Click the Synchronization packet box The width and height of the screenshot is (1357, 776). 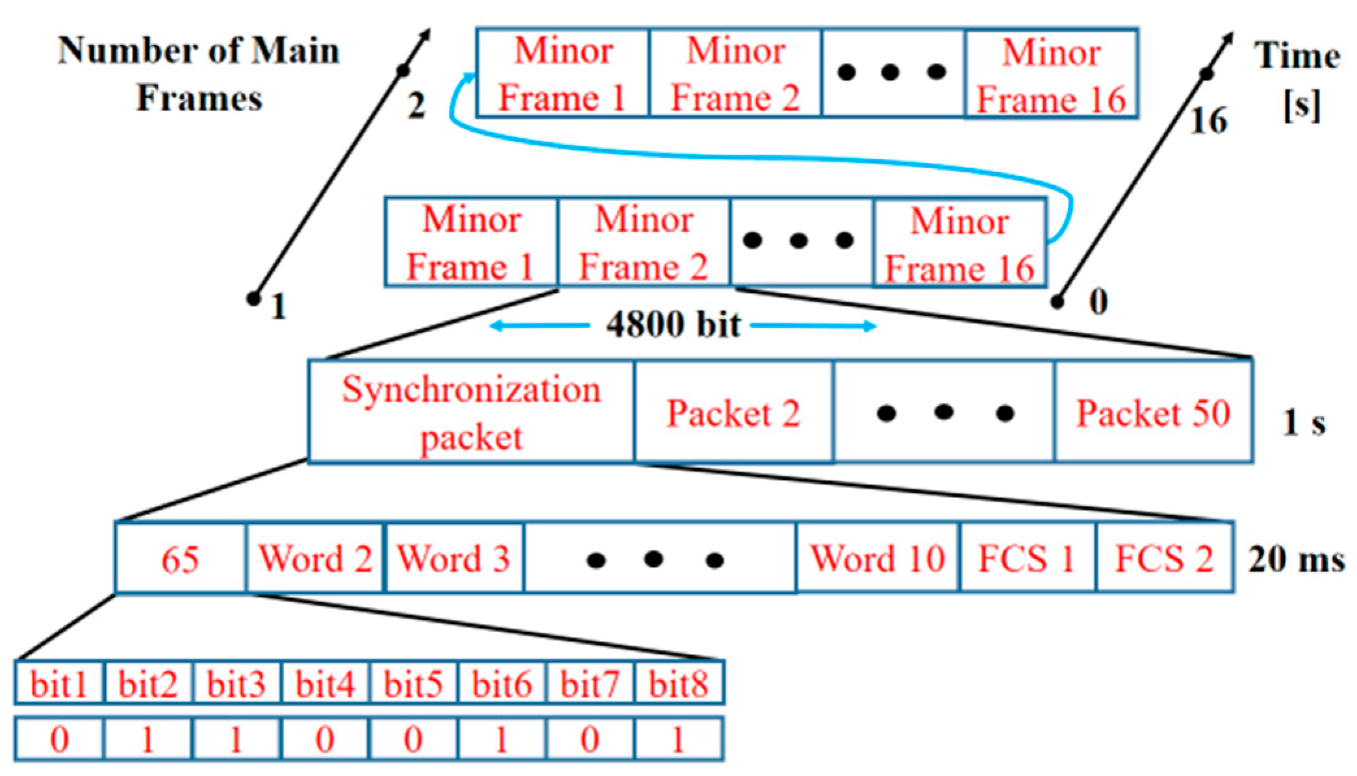(471, 412)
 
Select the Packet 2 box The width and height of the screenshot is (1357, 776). (733, 412)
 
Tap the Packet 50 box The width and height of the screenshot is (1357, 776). (1153, 412)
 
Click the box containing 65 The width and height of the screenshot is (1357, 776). (180, 558)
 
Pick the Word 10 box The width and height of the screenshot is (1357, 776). (877, 558)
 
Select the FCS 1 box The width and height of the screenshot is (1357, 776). (1027, 558)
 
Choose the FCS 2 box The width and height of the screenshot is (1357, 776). (1164, 558)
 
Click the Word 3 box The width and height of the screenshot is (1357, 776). (453, 558)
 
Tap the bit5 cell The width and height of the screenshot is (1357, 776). (412, 683)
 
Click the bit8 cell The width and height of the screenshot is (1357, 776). (678, 683)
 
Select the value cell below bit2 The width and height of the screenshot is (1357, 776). (147, 739)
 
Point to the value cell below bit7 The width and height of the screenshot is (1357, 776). (590, 739)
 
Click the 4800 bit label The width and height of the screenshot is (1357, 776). (673, 324)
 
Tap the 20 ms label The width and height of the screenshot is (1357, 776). (1295, 558)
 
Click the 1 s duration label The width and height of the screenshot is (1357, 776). (1303, 423)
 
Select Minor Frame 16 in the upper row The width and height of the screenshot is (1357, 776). (1051, 74)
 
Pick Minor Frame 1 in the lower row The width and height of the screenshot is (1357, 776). (470, 242)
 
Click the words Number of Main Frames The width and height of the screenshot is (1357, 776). (199, 73)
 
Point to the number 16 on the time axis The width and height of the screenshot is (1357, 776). (1208, 120)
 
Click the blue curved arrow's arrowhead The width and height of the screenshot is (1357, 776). (469, 77)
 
